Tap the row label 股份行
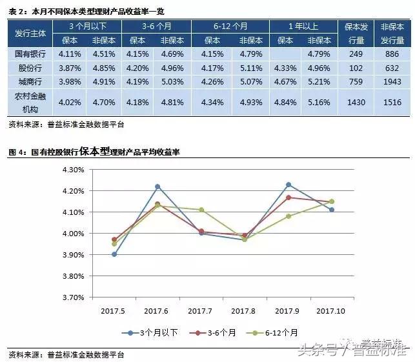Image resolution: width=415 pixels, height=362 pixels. (27, 67)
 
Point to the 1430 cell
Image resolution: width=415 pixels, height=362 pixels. (356, 102)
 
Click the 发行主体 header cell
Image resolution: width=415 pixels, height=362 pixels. (27, 32)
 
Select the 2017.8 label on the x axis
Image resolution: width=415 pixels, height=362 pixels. (245, 311)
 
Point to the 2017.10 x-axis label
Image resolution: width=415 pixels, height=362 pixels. (332, 311)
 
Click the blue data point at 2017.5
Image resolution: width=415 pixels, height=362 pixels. (114, 254)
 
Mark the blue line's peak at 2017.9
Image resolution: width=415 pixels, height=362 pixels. (288, 185)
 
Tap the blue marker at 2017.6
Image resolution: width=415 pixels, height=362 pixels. (157, 186)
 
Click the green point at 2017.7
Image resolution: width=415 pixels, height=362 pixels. (201, 210)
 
